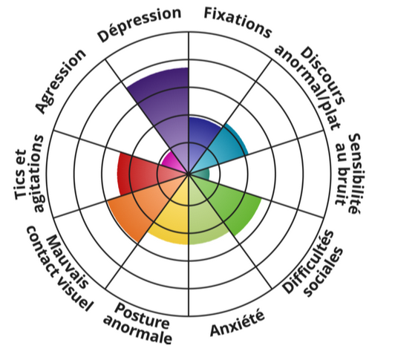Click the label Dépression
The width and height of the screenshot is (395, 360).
click(x=140, y=24)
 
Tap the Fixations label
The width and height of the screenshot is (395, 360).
click(x=238, y=22)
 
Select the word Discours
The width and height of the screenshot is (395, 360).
click(x=322, y=76)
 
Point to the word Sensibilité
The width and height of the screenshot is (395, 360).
click(x=356, y=174)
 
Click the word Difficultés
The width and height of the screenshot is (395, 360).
click(x=308, y=262)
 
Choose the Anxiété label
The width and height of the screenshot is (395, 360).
click(x=238, y=324)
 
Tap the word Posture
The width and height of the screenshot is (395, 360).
click(x=143, y=316)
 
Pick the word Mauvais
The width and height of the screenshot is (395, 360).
click(x=68, y=262)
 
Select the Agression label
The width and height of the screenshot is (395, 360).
click(x=60, y=81)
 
